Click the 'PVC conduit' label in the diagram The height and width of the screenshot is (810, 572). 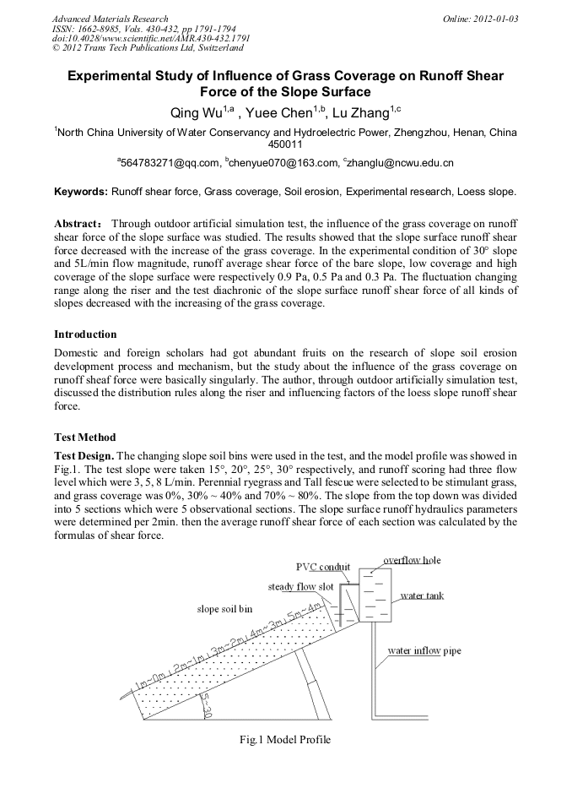[x=323, y=567]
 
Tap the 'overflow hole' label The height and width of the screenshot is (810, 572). [x=412, y=560]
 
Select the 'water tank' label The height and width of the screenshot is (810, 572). [x=422, y=595]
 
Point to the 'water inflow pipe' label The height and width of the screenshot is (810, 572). [x=424, y=651]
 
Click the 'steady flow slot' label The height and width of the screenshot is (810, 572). [x=301, y=586]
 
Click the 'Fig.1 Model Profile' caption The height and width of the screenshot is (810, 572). [x=285, y=740]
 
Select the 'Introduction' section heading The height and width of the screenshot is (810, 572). [x=85, y=334]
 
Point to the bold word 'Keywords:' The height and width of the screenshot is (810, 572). [x=81, y=192]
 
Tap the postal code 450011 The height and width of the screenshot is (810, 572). [x=285, y=144]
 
